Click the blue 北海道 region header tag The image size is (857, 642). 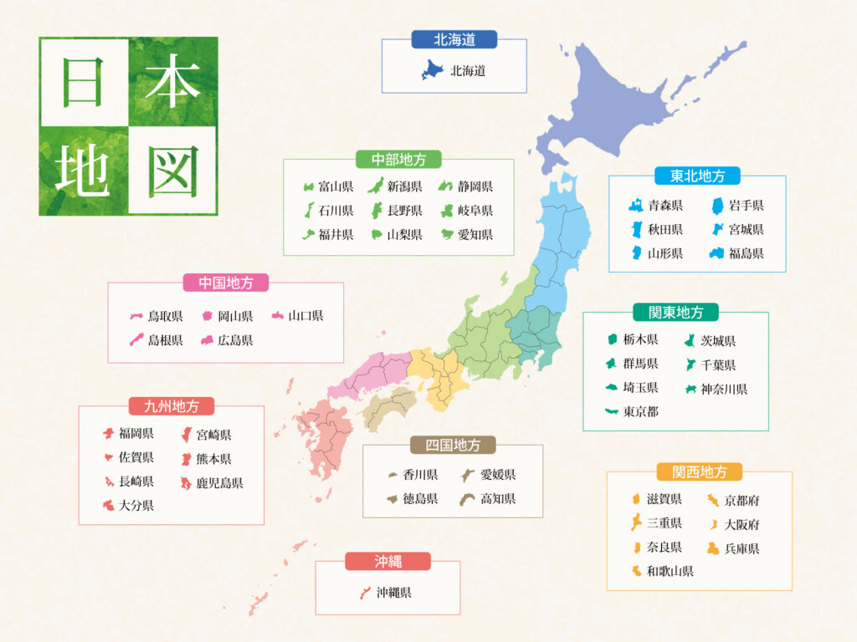coord(454,39)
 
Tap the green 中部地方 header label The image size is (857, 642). coord(398,159)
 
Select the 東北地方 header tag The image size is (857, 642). coord(697,176)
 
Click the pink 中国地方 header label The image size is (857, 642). coord(226,283)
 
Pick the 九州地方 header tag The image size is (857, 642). coord(171,406)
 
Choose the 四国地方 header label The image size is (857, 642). coord(453,445)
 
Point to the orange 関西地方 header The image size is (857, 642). coord(700,472)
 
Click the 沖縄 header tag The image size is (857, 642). coord(387,561)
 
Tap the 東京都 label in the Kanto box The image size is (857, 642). coord(640,411)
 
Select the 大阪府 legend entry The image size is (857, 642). coord(742,525)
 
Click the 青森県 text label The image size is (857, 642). coord(665,206)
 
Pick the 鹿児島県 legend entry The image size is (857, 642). coord(219,483)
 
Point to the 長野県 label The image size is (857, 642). coord(404,211)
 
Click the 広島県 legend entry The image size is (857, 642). coord(235,340)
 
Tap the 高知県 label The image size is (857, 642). coord(498,499)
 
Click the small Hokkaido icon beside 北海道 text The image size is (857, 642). coord(431,71)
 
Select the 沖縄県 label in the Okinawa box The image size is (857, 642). coord(393,593)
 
